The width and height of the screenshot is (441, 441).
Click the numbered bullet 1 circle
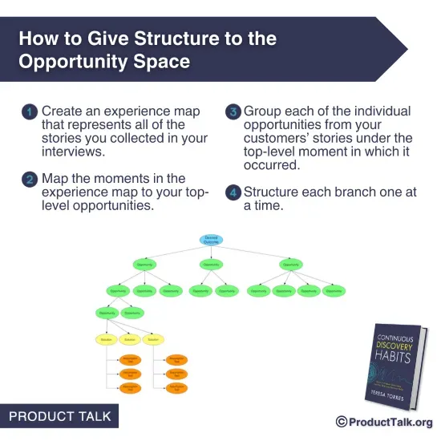click(29, 112)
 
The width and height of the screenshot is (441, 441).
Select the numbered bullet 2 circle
click(29, 179)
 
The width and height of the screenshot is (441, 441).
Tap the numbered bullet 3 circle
click(233, 112)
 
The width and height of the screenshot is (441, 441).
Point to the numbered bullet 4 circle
click(233, 193)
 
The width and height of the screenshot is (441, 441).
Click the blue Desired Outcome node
click(212, 240)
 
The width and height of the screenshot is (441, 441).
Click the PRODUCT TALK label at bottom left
click(60, 417)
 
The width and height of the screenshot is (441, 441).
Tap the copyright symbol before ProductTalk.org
click(342, 422)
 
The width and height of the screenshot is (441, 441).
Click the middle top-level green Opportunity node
click(212, 265)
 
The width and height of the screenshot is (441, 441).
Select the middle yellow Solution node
click(131, 339)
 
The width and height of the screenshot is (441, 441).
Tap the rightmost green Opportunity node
click(334, 291)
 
